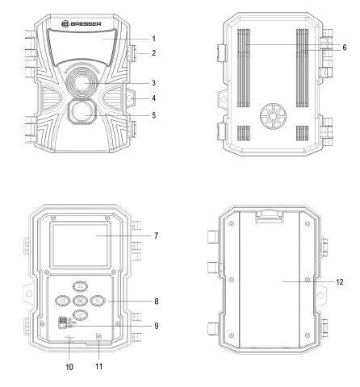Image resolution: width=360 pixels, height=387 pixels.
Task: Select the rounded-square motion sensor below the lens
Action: [x=82, y=113]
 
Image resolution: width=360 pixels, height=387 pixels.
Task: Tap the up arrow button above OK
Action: [x=81, y=286]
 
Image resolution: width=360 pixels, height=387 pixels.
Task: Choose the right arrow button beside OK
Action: [x=98, y=301]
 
